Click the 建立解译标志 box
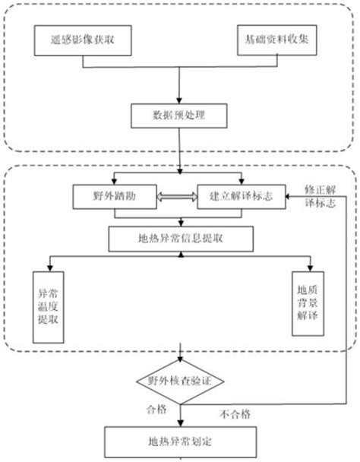coord(241,197)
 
